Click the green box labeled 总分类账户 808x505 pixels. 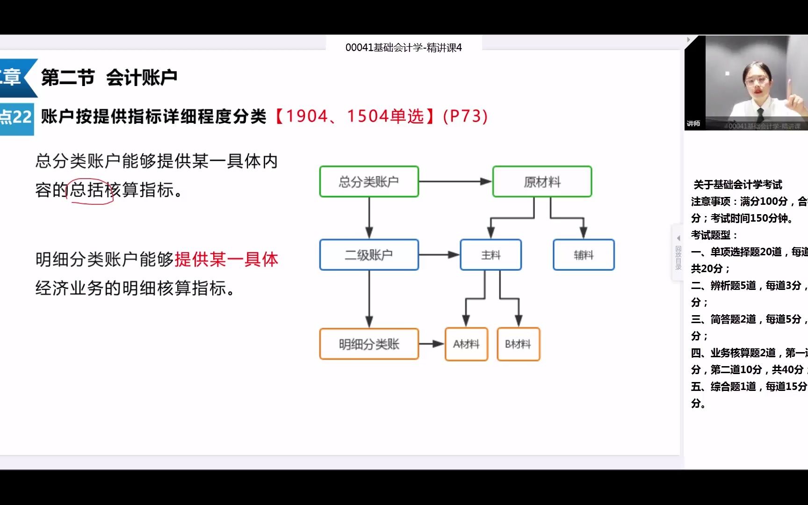pyautogui.click(x=369, y=181)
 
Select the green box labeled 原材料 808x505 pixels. pyautogui.click(x=542, y=181)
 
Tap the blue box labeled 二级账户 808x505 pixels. pyautogui.click(x=369, y=255)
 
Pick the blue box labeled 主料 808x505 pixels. pyautogui.click(x=491, y=255)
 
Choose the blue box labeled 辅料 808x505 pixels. pyautogui.click(x=584, y=255)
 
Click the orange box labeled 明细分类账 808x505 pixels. pyautogui.click(x=369, y=344)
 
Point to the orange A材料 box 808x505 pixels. pyautogui.click(x=466, y=344)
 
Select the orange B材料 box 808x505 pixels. pyautogui.click(x=518, y=344)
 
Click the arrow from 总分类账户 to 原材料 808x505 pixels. pyautogui.click(x=455, y=181)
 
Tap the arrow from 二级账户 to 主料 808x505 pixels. pyautogui.click(x=439, y=255)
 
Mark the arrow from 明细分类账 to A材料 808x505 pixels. pyautogui.click(x=431, y=344)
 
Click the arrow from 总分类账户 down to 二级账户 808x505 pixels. pyautogui.click(x=369, y=217)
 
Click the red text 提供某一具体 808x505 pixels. pyautogui.click(x=226, y=259)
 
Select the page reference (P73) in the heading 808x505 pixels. pyautogui.click(x=465, y=116)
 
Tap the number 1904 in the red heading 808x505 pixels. pyautogui.click(x=307, y=116)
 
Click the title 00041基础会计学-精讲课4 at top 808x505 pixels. pyautogui.click(x=404, y=48)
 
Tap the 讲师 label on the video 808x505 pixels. pyautogui.click(x=693, y=123)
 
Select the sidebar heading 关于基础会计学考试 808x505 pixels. pyautogui.click(x=737, y=185)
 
